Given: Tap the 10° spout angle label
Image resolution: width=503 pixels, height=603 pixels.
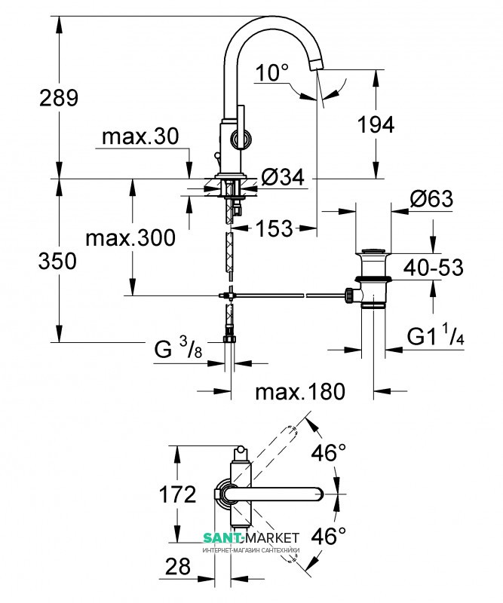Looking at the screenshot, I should pos(271,74).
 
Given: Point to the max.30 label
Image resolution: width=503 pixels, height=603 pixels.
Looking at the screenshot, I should pos(140,136).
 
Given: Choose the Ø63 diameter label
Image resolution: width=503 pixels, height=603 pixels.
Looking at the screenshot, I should pos(431,199).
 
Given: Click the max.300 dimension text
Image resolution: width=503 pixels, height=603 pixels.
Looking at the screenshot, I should pos(130,239).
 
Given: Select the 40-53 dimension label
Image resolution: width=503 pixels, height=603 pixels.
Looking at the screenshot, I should pos(431,267).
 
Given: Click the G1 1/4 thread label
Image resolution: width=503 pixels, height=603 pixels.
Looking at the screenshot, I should pos(435,335).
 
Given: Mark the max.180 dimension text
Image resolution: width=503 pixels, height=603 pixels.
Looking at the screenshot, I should pos(299,391).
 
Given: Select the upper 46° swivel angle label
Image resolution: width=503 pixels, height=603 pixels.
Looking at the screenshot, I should pos(329,453).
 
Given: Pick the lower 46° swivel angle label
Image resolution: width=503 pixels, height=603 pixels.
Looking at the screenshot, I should pos(329,536).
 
